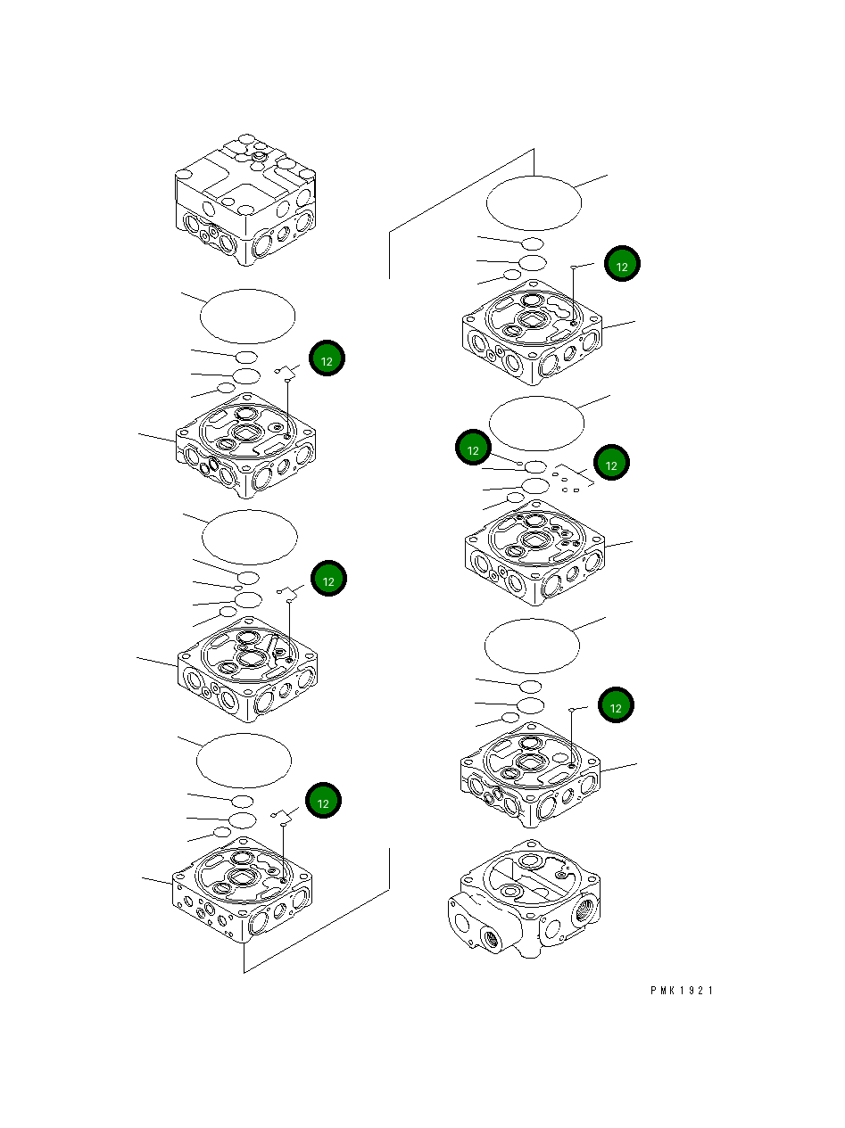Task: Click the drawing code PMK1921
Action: [682, 991]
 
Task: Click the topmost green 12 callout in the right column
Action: [622, 265]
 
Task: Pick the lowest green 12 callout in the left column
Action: [323, 801]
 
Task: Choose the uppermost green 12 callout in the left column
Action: [327, 359]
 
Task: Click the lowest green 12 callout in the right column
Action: [615, 706]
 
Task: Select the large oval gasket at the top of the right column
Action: [534, 202]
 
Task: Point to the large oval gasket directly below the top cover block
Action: [247, 316]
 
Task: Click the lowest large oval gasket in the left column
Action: [244, 761]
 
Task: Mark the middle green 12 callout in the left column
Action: [328, 579]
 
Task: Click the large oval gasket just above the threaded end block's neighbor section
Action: [532, 646]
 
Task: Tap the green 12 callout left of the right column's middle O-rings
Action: [473, 449]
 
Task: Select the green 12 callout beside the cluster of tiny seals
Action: [611, 462]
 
